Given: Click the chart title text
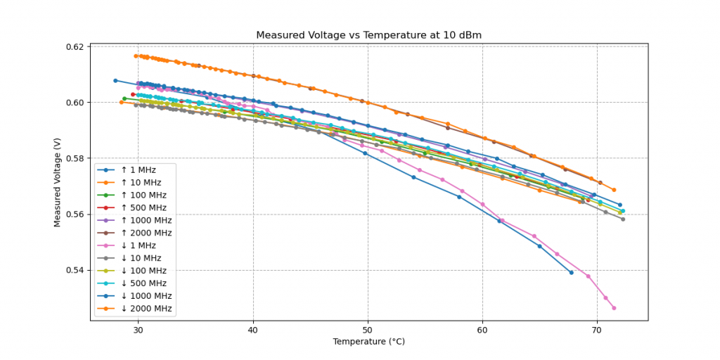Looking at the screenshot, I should coord(368,35).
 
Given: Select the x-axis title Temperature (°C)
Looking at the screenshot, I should coord(368,342).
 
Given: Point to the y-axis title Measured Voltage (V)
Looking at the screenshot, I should coord(58,182).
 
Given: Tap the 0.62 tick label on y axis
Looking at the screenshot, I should coord(74,47).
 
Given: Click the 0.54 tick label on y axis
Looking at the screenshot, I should coord(74,270).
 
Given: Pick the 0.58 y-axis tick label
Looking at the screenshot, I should coord(74,158).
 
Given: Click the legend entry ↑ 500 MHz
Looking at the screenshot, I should coord(143,207).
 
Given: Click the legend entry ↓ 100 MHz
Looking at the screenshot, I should coord(143,271).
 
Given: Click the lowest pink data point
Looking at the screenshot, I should coord(614,308).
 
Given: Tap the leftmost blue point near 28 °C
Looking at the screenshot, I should coord(115,80).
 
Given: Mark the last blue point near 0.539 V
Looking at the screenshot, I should coord(571,272).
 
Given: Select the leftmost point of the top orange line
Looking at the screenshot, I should coord(136,56).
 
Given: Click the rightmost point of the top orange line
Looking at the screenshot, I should coord(614,190).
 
